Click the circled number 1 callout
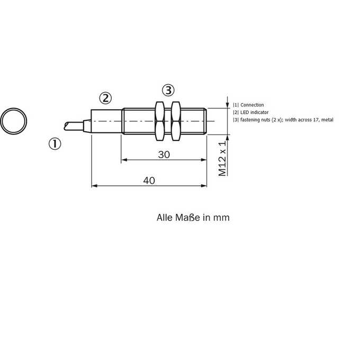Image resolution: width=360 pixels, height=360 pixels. (55, 144)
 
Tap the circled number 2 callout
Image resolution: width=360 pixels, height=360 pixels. (105, 98)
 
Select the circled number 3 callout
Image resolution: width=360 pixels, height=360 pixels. (168, 90)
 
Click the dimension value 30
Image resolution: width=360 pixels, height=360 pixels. (164, 155)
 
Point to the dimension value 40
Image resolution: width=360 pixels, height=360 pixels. (149, 181)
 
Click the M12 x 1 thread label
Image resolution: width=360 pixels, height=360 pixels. (222, 158)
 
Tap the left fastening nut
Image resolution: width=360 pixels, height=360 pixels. (160, 121)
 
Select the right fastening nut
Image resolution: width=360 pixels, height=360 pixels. (176, 121)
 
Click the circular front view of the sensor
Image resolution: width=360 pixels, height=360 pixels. (14, 109)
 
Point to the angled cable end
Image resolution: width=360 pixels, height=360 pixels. (74, 127)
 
